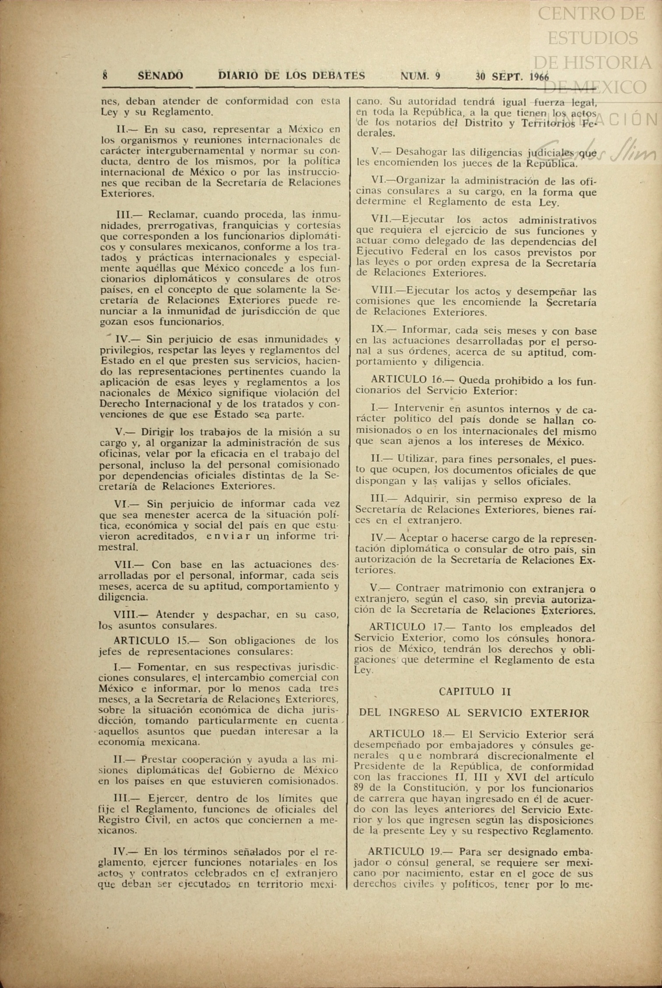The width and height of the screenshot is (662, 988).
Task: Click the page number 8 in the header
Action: tap(105, 76)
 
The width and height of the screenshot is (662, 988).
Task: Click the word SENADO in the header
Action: tap(160, 76)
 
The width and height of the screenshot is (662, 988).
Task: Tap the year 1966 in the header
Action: tap(539, 77)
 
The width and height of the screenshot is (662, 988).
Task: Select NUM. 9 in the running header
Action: tap(420, 76)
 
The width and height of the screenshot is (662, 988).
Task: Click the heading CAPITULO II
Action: tap(475, 691)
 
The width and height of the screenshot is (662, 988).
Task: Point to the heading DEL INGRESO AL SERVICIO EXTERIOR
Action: tap(474, 713)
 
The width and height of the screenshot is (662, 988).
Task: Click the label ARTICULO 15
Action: tap(151, 641)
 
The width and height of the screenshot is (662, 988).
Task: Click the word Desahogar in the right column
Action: tap(422, 152)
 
